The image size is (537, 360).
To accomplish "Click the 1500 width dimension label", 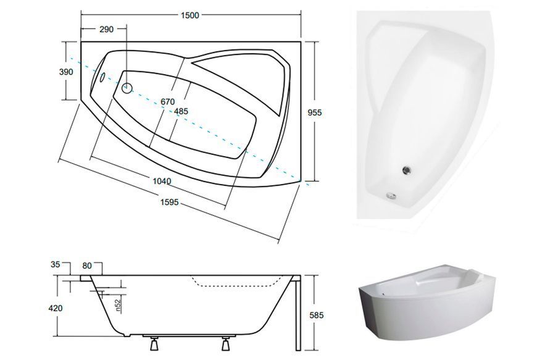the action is pyautogui.click(x=190, y=15).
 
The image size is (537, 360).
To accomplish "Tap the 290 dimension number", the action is pyautogui.click(x=107, y=30).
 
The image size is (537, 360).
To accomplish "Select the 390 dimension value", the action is pyautogui.click(x=66, y=72).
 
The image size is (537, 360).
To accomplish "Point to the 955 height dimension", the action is pyautogui.click(x=315, y=112).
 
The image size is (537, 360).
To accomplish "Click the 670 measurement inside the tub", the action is pyautogui.click(x=168, y=102).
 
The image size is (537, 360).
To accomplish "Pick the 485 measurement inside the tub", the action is pyautogui.click(x=181, y=111).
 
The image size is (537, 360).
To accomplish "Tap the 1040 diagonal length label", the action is pyautogui.click(x=162, y=181).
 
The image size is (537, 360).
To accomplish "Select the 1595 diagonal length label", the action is pyautogui.click(x=170, y=203).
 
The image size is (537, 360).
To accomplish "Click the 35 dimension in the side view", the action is pyautogui.click(x=55, y=264).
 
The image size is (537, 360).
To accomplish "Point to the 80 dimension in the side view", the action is pyautogui.click(x=87, y=266).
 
